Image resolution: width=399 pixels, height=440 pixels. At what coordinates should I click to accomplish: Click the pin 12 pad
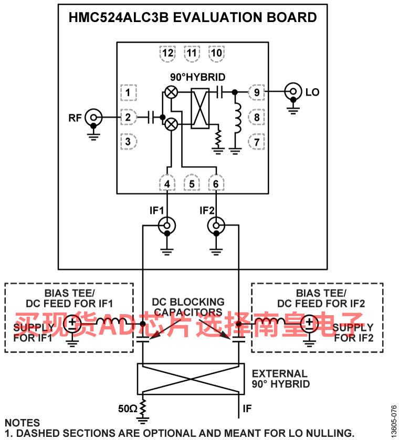(x=168, y=53)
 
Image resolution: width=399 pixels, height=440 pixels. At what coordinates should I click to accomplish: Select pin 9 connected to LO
(x=257, y=92)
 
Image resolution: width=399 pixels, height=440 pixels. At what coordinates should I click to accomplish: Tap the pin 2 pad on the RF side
(x=129, y=117)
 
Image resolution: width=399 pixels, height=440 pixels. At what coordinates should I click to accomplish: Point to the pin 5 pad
(x=192, y=184)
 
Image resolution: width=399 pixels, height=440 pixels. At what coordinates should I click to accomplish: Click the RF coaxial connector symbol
(x=93, y=117)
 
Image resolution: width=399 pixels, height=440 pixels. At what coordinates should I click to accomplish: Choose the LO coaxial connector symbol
(x=293, y=91)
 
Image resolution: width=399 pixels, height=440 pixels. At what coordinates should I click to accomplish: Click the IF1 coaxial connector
(x=167, y=226)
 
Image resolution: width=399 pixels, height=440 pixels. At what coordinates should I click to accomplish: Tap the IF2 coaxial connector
(x=216, y=226)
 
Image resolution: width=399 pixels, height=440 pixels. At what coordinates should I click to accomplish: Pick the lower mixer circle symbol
(x=171, y=124)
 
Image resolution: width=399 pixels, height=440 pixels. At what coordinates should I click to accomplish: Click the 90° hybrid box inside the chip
(x=200, y=109)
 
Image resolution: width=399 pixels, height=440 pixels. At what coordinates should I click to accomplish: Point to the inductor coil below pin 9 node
(x=238, y=118)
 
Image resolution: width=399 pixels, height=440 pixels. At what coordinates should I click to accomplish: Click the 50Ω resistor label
(x=128, y=409)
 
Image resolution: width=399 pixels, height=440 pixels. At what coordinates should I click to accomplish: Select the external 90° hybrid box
(x=191, y=379)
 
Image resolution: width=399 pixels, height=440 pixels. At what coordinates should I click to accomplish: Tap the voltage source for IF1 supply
(x=72, y=324)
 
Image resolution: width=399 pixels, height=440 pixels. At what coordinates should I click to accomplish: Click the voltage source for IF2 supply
(x=309, y=324)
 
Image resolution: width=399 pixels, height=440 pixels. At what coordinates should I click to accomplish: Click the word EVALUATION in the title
(x=217, y=17)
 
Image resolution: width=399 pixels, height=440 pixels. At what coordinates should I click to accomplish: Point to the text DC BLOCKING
(x=188, y=302)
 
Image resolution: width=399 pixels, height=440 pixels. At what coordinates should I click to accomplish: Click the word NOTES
(x=23, y=423)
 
